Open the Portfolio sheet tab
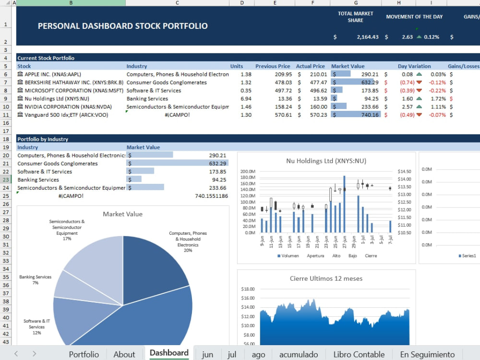click(84, 354)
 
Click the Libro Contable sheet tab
click(359, 354)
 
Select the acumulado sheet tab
click(299, 354)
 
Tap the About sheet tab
click(124, 354)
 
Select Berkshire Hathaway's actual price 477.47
click(318, 83)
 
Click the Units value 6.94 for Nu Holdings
click(246, 99)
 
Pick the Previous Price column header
click(273, 66)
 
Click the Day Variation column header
click(414, 66)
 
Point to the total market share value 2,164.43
click(368, 37)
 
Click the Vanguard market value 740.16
click(370, 115)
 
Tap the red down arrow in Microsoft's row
click(419, 91)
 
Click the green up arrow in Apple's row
click(419, 74)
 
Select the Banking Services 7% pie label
click(36, 280)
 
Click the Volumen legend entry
click(288, 256)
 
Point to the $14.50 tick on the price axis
click(404, 171)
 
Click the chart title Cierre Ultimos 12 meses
click(326, 278)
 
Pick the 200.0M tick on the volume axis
click(248, 171)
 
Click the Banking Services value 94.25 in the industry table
click(219, 180)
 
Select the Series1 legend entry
click(468, 256)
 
